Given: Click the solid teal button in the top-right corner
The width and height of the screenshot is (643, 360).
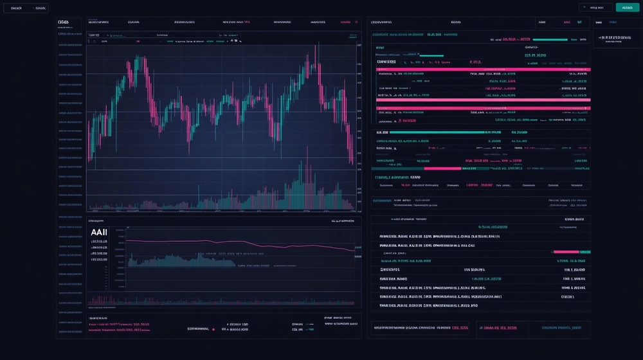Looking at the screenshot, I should click(628, 8).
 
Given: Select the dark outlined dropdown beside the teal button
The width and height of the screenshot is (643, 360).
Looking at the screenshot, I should click(595, 8).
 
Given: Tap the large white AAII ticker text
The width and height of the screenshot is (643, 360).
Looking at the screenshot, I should click(99, 233).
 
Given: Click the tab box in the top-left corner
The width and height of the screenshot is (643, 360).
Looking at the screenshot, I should click(26, 8).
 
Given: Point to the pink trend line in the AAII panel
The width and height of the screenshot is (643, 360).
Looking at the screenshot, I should click(257, 244).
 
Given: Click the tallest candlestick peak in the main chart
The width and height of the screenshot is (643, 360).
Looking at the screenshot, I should click(317, 48).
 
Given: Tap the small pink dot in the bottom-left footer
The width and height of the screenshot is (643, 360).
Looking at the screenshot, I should click(213, 329).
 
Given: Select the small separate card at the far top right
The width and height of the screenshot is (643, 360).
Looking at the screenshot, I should click(617, 32).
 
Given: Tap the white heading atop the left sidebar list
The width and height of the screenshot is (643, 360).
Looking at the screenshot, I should click(63, 22).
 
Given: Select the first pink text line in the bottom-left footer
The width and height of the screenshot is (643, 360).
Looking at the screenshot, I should click(119, 325).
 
